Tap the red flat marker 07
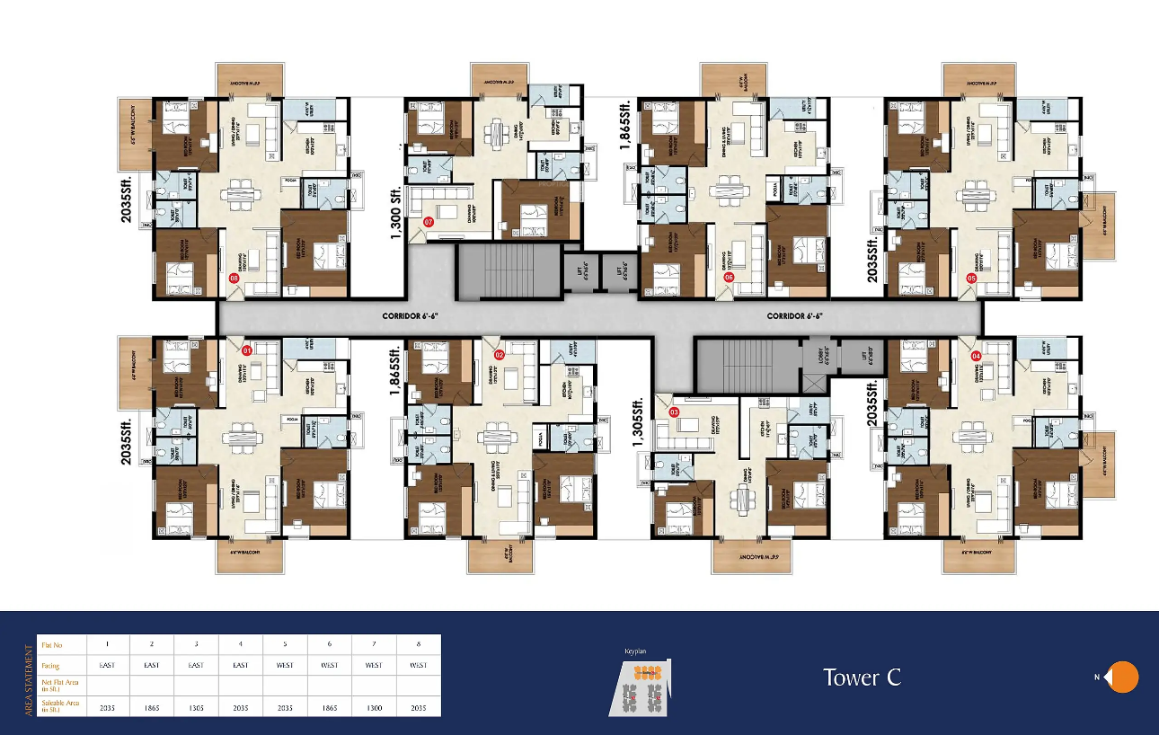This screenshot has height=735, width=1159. coord(429,221)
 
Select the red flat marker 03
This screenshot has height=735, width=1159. coord(675,412)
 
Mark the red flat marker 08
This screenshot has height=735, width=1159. coord(234,279)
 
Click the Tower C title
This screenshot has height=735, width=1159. coord(862,677)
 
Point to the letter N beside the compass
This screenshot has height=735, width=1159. coord(1096,677)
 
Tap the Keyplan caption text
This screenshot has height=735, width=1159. coord(636,651)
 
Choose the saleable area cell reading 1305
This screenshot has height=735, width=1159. coord(196,708)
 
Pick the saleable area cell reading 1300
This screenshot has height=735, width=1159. coord(374,708)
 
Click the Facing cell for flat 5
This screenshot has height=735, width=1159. coord(285,665)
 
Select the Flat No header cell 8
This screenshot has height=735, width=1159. coord(419,644)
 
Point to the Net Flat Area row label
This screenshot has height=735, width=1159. coord(59,686)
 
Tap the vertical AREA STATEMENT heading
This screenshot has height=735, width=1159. coord(29,676)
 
